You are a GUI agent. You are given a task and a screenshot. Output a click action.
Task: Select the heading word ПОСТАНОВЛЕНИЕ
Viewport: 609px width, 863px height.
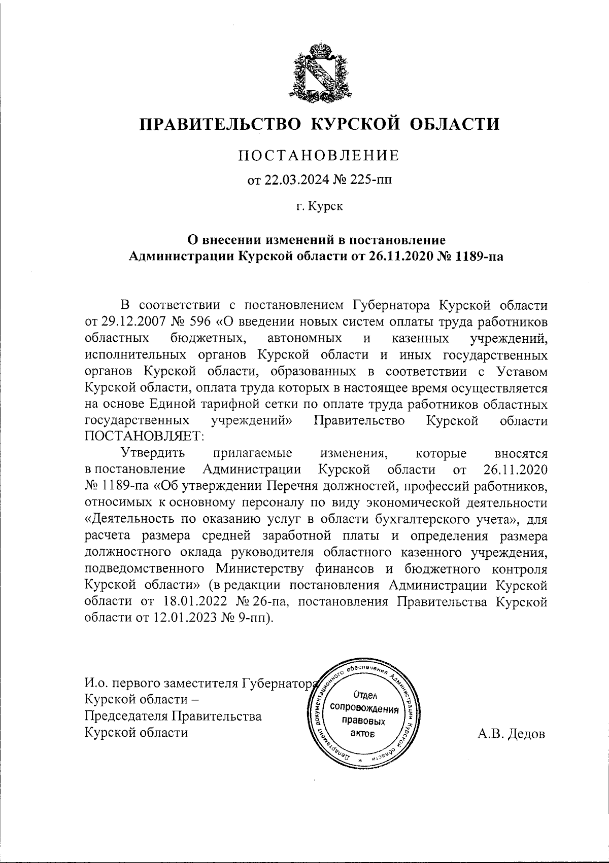(x=319, y=155)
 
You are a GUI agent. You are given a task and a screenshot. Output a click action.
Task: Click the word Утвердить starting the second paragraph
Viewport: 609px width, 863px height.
(x=153, y=453)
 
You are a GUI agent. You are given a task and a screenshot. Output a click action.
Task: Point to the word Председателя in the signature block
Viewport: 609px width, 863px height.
(x=125, y=716)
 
